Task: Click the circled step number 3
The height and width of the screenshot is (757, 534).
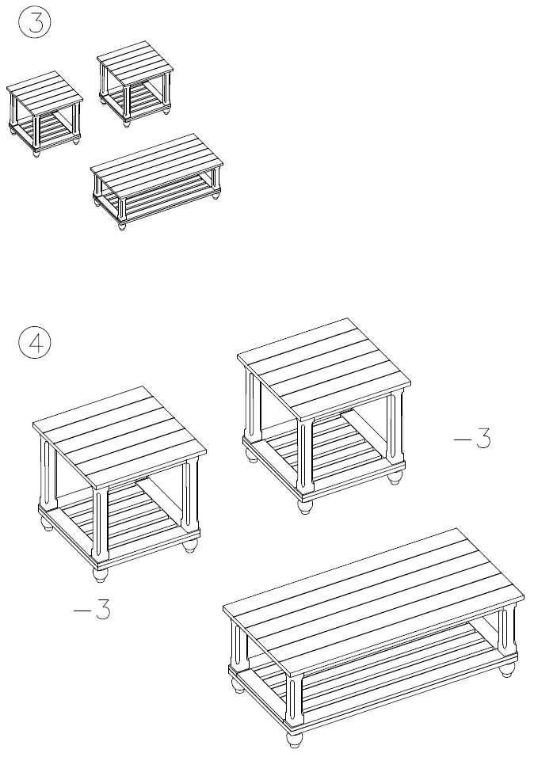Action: [x=34, y=21]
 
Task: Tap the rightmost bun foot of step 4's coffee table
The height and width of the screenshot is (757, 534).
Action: [x=506, y=671]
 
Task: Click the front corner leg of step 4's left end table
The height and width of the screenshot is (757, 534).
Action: [x=100, y=523]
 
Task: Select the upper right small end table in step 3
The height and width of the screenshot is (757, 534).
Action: [x=135, y=79]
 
